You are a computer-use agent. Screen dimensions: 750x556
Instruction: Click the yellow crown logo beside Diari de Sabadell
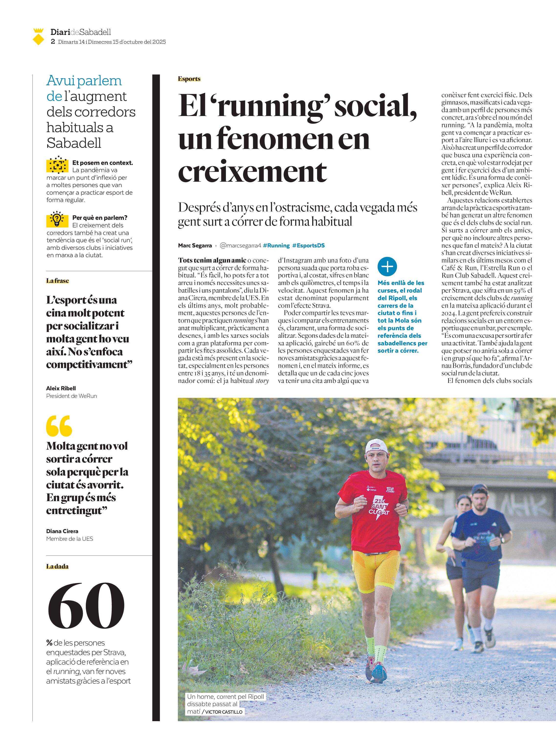pos(39,37)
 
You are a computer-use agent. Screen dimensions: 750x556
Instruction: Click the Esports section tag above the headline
pos(189,79)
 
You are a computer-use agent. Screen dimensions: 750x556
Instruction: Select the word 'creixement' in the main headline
pos(252,172)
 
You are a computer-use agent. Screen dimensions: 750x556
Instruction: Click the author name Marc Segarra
pos(195,246)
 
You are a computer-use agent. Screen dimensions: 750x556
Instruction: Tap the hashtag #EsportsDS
pos(308,246)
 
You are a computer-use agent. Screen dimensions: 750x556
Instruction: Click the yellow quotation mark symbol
pos(59,426)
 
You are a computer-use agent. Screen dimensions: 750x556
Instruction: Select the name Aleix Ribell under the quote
pos(61,388)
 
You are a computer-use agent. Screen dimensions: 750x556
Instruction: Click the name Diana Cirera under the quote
pos(62,531)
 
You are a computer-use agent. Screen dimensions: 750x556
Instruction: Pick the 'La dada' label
pos(57,567)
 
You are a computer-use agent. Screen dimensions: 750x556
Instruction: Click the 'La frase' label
pos(58,281)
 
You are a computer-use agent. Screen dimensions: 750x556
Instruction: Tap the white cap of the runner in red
pos(376,446)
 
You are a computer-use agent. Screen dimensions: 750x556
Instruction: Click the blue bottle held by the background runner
pos(493,542)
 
